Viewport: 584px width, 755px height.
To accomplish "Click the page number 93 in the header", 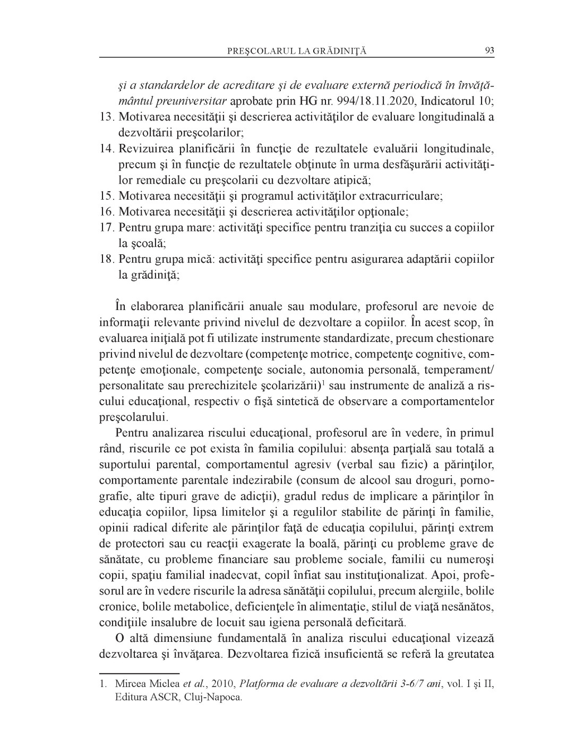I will [489, 50].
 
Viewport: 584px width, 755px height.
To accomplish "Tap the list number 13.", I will [107, 116].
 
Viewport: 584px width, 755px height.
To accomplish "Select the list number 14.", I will [107, 148].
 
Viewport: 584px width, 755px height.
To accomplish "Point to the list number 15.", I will [107, 196].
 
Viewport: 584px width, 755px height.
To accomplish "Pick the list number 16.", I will [107, 212].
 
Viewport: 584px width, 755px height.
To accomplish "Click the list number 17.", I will [107, 228].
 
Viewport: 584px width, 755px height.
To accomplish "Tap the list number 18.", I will [107, 260].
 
